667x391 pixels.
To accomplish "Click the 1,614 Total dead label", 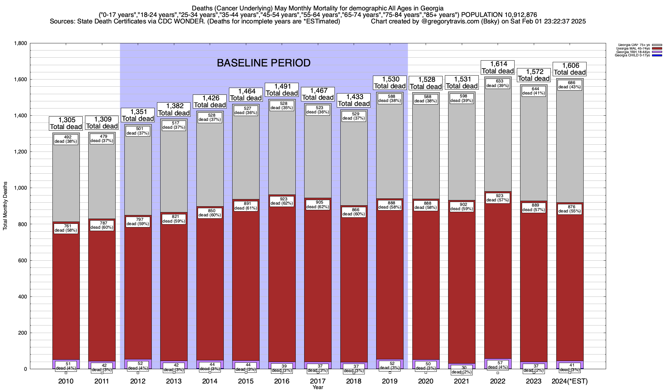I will coord(498,68).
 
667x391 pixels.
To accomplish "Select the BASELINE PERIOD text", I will coord(263,63).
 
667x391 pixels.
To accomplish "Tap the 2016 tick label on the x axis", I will coord(282,381).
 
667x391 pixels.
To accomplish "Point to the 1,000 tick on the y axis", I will coord(20,188).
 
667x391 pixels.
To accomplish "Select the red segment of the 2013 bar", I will coord(174,287).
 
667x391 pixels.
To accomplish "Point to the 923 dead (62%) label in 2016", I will coord(282,201).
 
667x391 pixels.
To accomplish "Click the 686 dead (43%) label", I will coord(570,85).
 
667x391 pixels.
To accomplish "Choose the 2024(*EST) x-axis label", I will coord(570,381).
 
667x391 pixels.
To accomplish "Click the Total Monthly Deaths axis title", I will coord(5,206).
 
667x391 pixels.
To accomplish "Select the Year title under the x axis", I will coord(318,387).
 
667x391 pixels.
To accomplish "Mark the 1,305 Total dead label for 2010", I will coord(66,123).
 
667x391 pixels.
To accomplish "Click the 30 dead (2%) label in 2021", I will coord(462,370).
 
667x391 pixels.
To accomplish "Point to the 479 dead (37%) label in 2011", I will coord(102,138).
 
